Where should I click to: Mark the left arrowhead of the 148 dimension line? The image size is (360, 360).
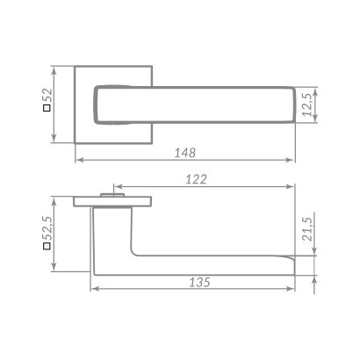point(77,161)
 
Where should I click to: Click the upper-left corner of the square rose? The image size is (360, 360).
point(76,65)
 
